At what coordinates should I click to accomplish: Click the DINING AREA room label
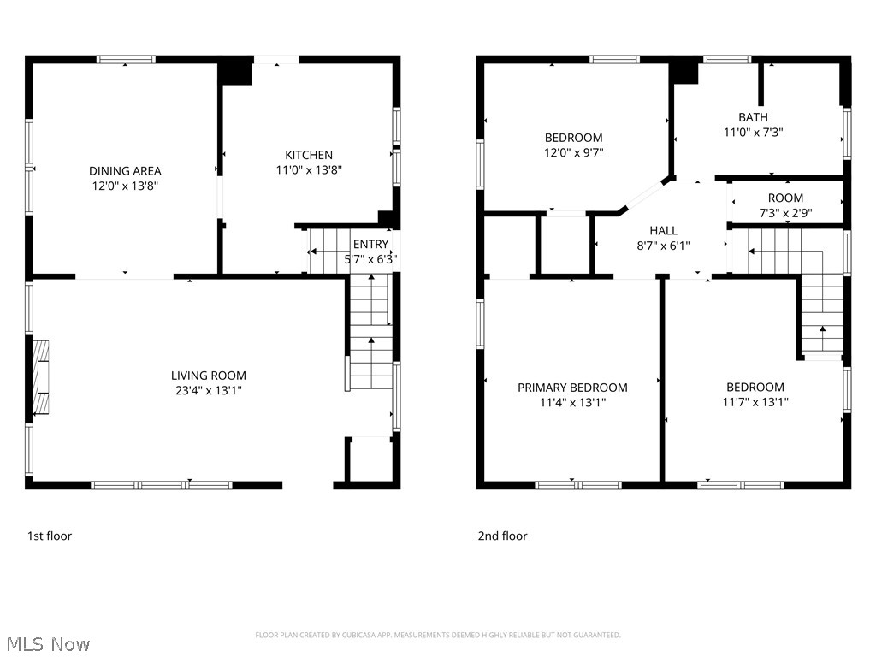125,171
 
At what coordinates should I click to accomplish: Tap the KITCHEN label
309,155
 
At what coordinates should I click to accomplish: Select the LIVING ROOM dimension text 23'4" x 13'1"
208,391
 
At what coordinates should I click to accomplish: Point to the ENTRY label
370,245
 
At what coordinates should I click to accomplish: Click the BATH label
753,117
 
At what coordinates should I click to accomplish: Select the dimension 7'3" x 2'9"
784,213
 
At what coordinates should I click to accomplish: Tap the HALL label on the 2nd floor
663,230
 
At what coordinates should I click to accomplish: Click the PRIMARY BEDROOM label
572,388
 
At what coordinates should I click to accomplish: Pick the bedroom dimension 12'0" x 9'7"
573,153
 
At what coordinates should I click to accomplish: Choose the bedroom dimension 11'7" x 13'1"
755,402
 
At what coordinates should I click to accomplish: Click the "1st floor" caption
50,536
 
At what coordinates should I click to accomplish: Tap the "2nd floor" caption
502,536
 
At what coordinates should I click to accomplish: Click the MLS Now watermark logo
47,643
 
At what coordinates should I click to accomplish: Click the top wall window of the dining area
126,60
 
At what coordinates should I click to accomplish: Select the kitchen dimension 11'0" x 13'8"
309,170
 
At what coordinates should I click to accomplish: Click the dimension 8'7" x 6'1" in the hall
663,246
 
